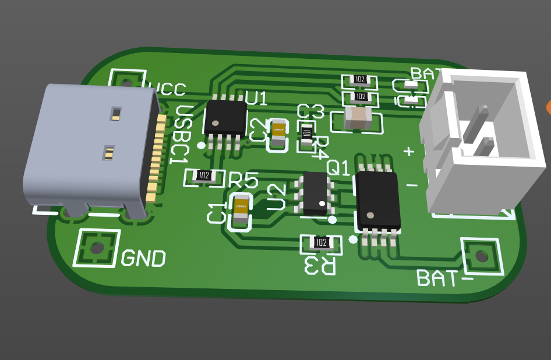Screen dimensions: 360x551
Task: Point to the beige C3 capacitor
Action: (x=358, y=118)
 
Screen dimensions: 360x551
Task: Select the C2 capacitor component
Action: (x=278, y=134)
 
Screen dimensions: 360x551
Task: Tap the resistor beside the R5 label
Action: (x=204, y=175)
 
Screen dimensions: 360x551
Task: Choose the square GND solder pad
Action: (x=96, y=248)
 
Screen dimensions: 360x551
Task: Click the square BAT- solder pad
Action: (x=481, y=256)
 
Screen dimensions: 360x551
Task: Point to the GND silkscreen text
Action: (x=143, y=257)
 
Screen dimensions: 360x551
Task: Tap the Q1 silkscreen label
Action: (x=338, y=168)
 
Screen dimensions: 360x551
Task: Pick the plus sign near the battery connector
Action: (x=409, y=151)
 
